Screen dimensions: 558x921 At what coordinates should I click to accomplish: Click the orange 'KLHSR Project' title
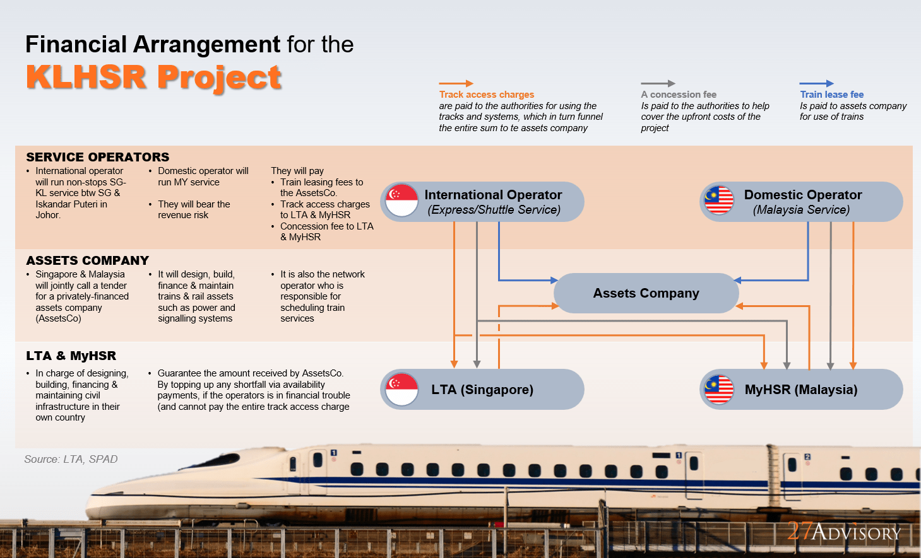point(153,78)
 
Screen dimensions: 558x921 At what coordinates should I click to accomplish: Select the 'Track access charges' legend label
point(486,95)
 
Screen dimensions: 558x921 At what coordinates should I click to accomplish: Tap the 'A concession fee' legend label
point(679,95)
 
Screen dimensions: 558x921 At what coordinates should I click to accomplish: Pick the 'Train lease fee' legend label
point(831,95)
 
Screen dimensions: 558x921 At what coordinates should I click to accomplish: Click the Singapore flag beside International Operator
point(402,201)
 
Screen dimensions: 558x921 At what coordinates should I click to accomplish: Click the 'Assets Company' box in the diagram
point(646,293)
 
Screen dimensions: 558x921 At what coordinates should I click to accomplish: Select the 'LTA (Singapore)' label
point(482,390)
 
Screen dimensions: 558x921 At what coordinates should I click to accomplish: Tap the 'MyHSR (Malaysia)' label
point(800,390)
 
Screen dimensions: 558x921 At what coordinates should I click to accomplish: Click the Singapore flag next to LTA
point(402,389)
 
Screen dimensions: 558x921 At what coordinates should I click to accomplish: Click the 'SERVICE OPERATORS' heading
point(98,157)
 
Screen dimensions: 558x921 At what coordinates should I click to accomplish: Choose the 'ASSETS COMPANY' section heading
point(88,260)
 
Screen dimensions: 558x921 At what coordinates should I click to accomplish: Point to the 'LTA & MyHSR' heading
point(71,356)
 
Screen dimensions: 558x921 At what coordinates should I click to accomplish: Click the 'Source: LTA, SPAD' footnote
point(71,459)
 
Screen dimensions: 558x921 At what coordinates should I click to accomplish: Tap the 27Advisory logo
point(844,532)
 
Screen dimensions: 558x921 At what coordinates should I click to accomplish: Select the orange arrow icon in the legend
point(456,83)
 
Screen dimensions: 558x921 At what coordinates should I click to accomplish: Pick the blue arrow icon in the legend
point(816,83)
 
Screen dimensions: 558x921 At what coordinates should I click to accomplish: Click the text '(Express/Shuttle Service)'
point(494,210)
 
